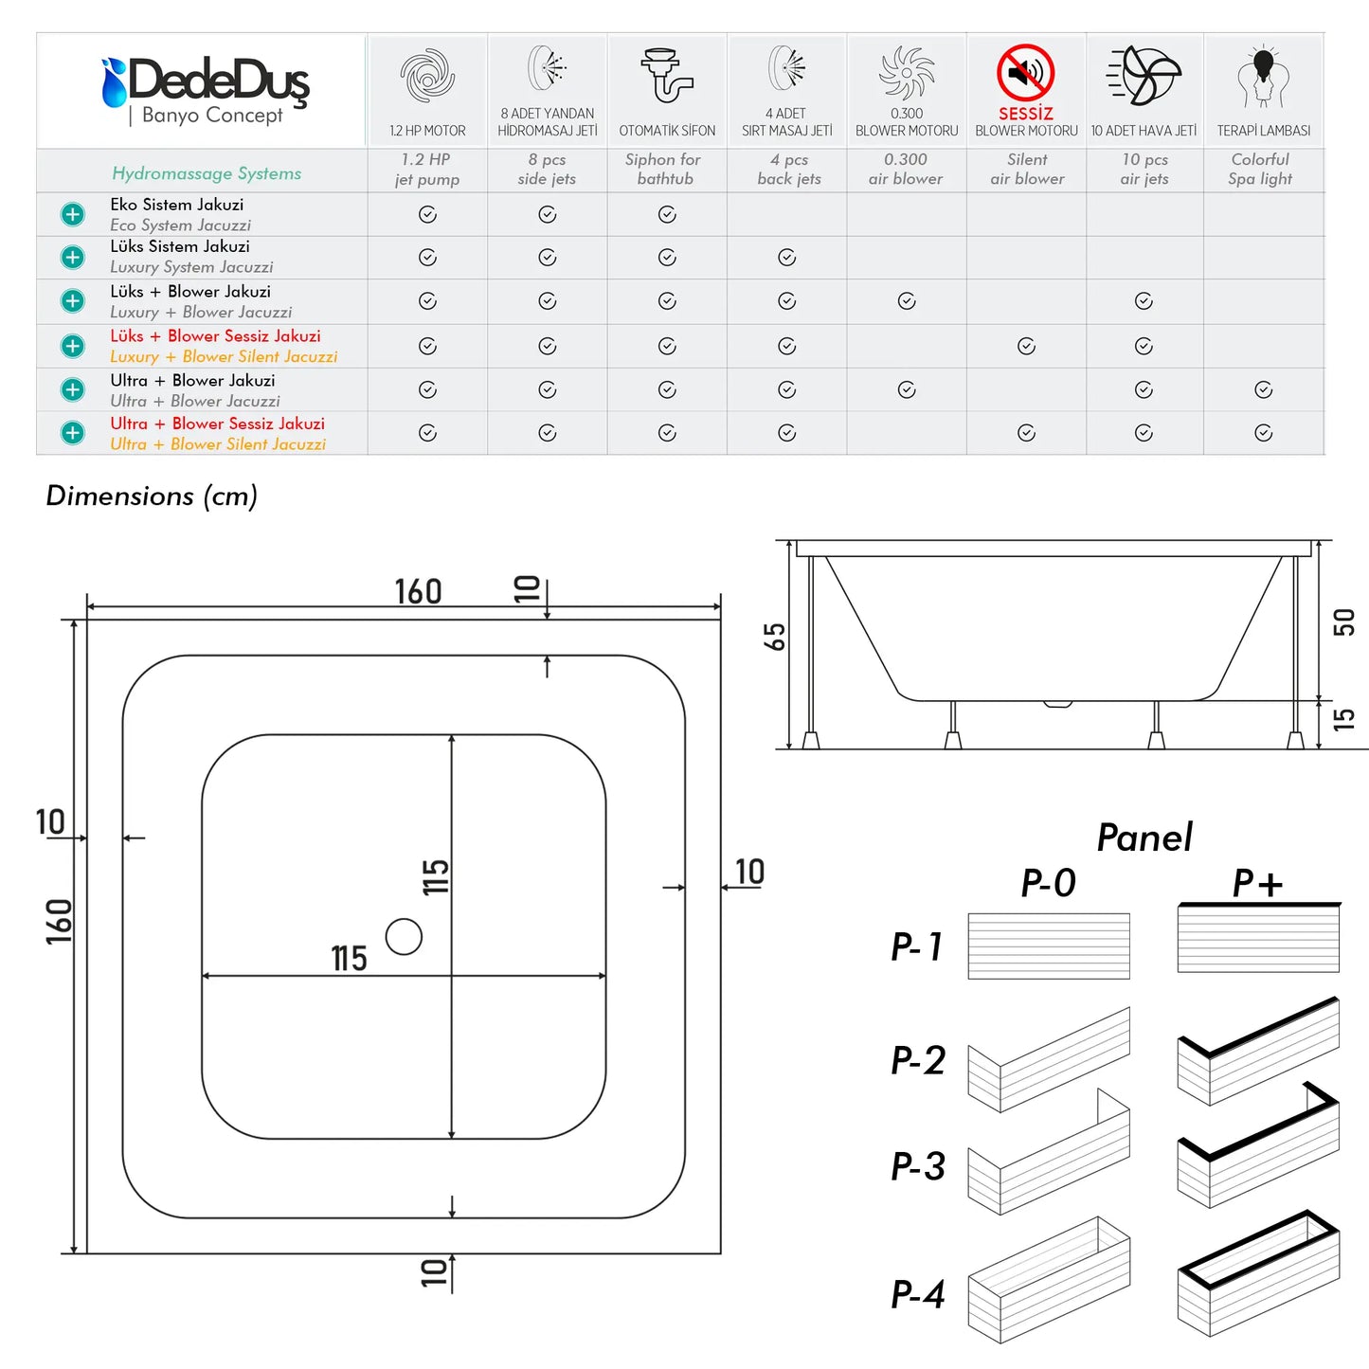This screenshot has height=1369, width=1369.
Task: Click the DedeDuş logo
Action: [206, 92]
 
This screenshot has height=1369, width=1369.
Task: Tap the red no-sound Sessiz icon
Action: [1025, 72]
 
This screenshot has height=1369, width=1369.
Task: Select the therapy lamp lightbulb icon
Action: [1263, 76]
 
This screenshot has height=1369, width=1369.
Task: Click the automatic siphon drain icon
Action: [666, 75]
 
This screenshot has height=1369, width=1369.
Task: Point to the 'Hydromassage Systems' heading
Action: [206, 173]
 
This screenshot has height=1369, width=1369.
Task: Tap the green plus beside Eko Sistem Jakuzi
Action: [72, 214]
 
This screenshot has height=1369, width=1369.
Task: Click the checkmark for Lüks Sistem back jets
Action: [786, 257]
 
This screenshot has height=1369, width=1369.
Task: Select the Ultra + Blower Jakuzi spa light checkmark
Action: [1263, 389]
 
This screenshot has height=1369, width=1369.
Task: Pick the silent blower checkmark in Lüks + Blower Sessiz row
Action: [1026, 346]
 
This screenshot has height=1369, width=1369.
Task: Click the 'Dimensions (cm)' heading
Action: [152, 495]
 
